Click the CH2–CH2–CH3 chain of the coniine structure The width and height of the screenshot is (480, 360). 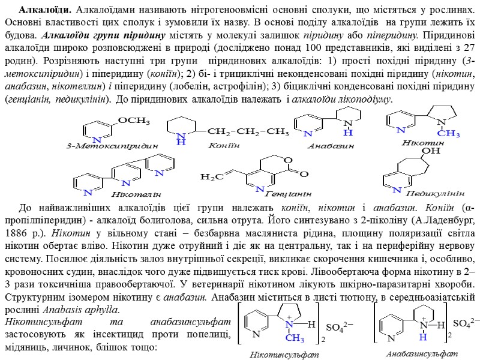[x=239, y=131]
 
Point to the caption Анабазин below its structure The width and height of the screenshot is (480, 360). [x=331, y=146]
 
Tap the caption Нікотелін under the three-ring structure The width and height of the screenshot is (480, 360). [x=137, y=195]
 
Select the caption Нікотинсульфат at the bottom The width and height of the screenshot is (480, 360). [x=284, y=354]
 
